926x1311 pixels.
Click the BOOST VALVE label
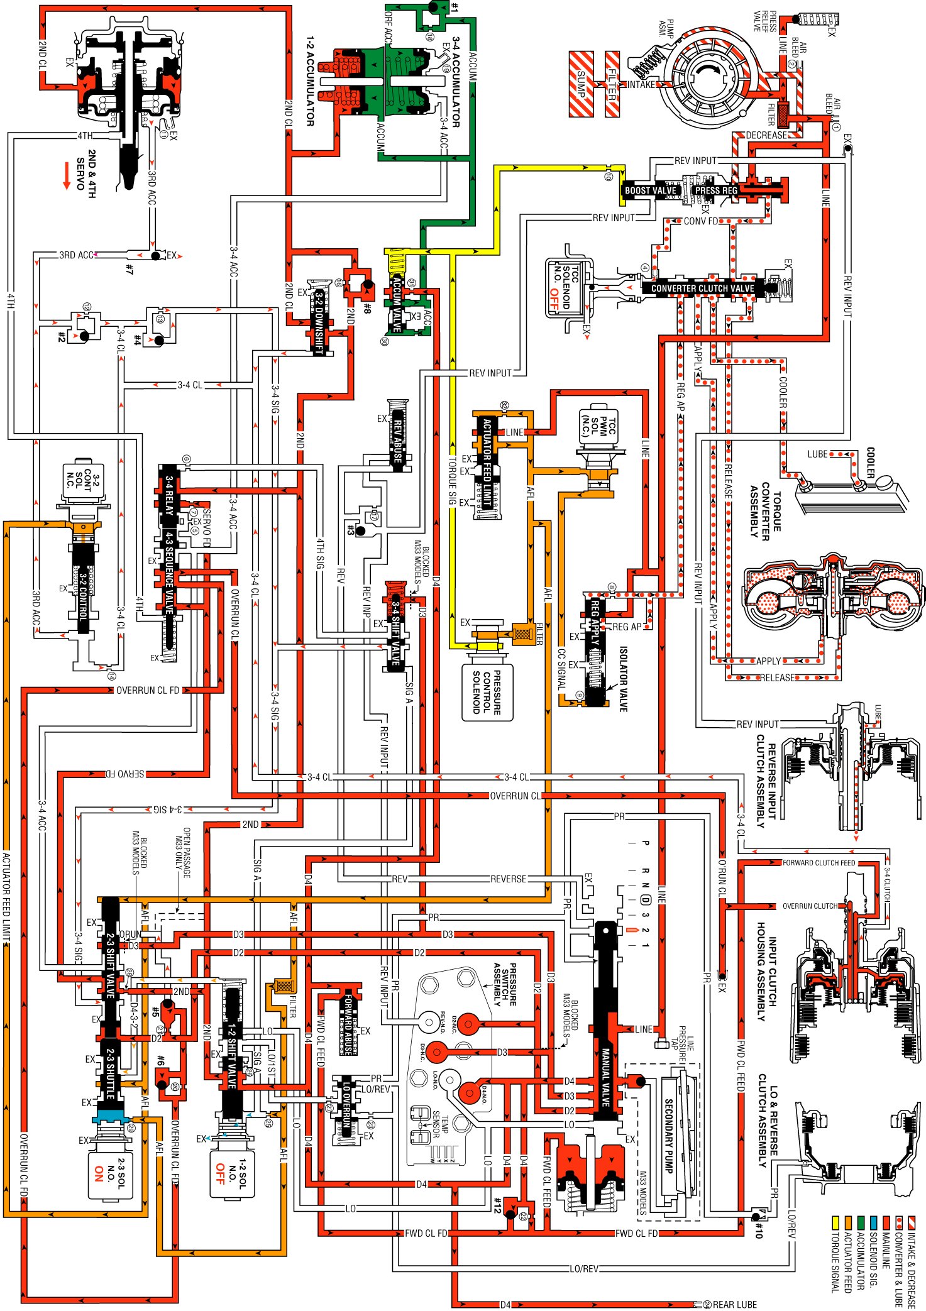[x=650, y=190]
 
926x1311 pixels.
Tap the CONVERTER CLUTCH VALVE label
[x=702, y=288]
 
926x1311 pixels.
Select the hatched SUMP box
[x=581, y=84]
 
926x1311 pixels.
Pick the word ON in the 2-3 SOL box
[x=99, y=1173]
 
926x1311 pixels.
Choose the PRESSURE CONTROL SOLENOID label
[x=487, y=692]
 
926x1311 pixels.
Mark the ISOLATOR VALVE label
[x=622, y=679]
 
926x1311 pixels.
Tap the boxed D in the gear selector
[x=645, y=899]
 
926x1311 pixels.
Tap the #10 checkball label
[x=759, y=1230]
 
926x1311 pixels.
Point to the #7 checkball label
[x=129, y=269]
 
